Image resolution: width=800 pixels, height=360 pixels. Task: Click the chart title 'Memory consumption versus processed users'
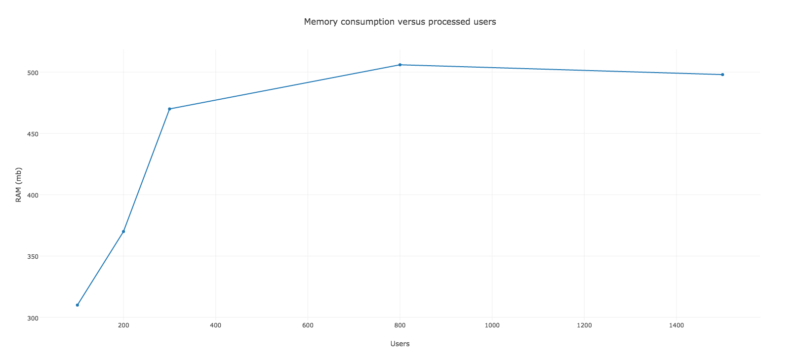pos(400,22)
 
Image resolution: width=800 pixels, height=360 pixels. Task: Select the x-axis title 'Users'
pos(400,344)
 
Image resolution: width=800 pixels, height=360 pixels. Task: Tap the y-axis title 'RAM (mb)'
pos(19,185)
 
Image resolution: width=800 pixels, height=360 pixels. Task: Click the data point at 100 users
pos(78,305)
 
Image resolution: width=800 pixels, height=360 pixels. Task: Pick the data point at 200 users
pos(123,232)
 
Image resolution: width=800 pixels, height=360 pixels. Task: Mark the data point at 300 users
pos(170,109)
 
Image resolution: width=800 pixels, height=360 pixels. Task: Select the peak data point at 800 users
pos(400,65)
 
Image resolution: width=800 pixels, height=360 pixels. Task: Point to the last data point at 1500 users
pos(722,75)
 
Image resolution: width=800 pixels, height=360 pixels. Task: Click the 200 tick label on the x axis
pos(123,325)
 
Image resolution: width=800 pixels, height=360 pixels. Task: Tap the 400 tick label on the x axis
pos(216,325)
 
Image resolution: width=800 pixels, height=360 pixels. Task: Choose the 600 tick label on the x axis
pos(308,325)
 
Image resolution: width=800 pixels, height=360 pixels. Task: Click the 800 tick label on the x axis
pos(400,325)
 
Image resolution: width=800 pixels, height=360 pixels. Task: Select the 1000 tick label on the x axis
pos(492,325)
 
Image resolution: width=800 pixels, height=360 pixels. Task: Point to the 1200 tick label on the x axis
pos(584,325)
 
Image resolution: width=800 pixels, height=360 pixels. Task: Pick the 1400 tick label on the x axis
pos(677,325)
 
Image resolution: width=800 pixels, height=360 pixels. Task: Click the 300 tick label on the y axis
pos(33,318)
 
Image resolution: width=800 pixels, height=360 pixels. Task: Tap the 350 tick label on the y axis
pos(33,256)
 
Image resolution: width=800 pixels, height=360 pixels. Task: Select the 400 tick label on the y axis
pos(33,196)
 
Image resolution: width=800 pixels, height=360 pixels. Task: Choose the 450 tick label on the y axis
pos(33,134)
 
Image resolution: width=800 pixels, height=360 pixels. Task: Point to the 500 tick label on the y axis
pos(33,73)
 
